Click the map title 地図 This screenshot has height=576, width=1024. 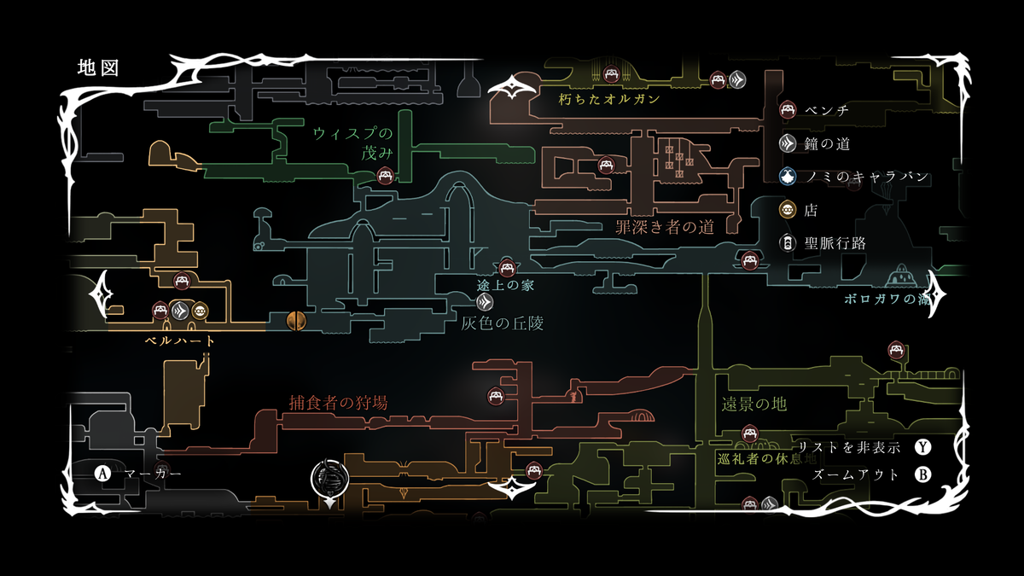[97, 68]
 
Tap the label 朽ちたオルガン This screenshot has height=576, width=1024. [609, 99]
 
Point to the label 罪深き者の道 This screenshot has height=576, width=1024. [664, 227]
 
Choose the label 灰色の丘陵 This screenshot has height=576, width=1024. [502, 323]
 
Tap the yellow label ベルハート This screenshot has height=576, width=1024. [179, 340]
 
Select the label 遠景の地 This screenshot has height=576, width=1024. [753, 404]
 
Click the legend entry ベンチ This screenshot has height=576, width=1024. [826, 110]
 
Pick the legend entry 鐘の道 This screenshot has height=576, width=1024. [826, 144]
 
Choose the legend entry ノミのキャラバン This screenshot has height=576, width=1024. [865, 177]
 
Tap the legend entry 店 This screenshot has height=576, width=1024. [811, 210]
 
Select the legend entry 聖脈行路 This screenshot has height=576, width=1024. [835, 243]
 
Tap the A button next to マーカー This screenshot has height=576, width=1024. [103, 473]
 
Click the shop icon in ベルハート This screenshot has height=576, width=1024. [200, 311]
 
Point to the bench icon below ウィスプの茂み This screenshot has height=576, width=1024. [384, 177]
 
